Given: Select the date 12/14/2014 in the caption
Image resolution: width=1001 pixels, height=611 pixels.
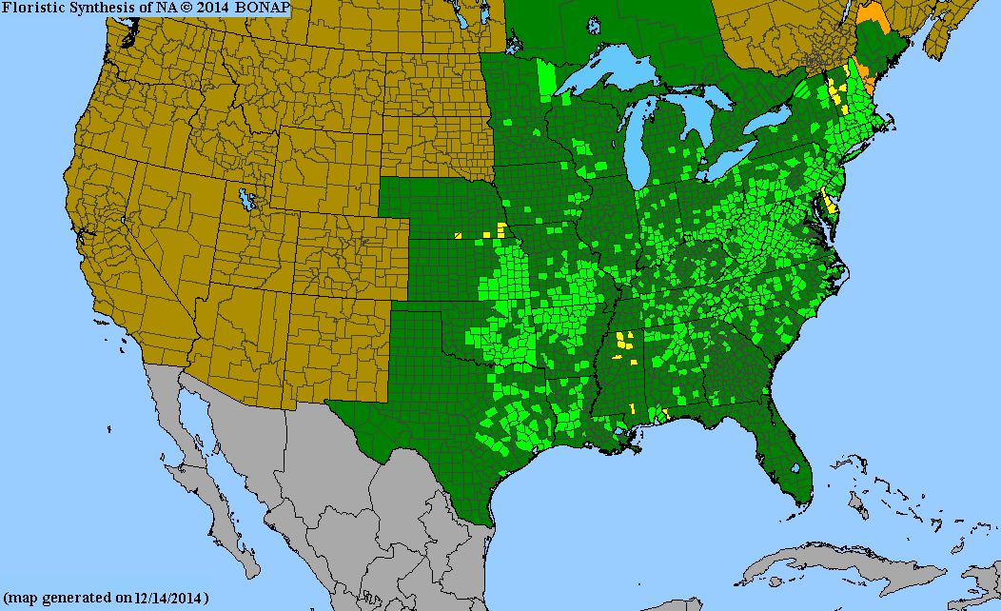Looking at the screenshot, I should click(171, 598).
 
